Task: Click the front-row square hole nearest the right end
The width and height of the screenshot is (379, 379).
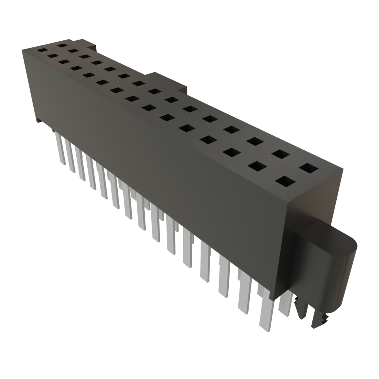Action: [286, 182]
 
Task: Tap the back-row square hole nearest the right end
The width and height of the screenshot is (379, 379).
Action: [309, 168]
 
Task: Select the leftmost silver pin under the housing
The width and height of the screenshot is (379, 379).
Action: [60, 148]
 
